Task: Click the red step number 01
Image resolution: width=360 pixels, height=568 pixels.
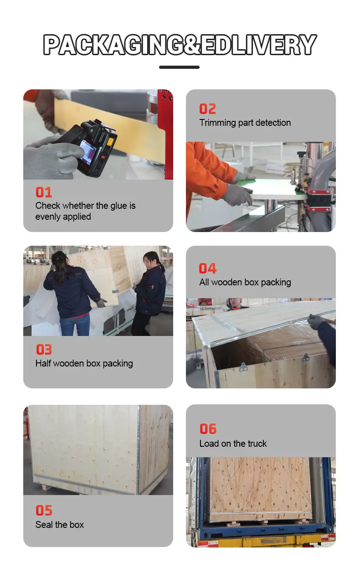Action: coord(44,192)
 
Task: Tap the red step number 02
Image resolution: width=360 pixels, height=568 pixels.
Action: coord(208,109)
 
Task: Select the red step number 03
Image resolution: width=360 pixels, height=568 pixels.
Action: coord(44,350)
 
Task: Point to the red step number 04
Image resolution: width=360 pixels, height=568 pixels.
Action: coord(208,269)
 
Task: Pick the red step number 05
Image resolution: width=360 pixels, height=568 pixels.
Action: coord(44,511)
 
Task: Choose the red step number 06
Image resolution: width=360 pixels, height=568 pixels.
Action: coord(208,429)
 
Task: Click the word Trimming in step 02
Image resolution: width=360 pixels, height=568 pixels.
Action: coord(217,123)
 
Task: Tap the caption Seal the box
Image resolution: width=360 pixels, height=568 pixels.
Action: coord(60,525)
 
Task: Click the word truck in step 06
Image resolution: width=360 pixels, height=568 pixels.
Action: coord(257,444)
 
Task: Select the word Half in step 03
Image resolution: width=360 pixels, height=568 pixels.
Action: coord(43,363)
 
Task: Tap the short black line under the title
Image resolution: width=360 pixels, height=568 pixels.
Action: coord(179,67)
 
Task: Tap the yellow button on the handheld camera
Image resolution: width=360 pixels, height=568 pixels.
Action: coord(110,141)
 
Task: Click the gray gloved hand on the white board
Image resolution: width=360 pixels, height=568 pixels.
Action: coord(237,195)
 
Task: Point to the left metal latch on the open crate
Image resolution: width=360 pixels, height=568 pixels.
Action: coord(243,367)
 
